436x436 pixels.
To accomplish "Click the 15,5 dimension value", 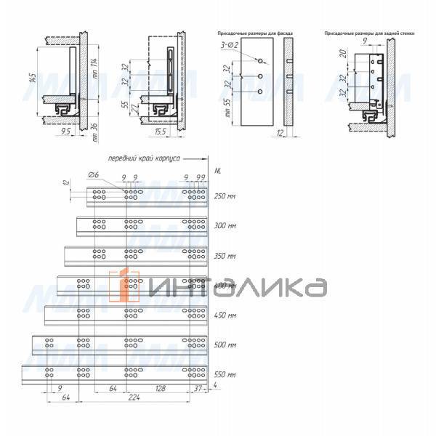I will click(x=161, y=132).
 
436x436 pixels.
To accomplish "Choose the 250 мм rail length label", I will click(x=225, y=196).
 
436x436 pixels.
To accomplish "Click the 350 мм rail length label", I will click(x=225, y=257).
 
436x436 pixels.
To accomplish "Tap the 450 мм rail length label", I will click(x=225, y=316).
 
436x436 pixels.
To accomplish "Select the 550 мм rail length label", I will click(x=225, y=376).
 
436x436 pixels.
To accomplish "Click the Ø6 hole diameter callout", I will click(x=94, y=176).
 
